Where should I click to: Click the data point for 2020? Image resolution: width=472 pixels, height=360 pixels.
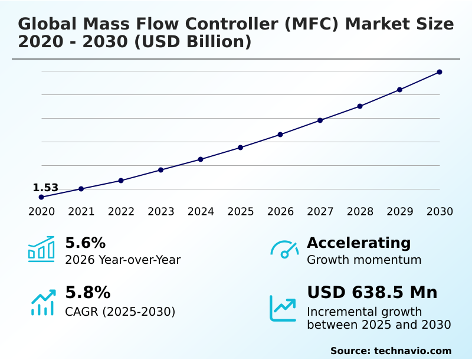(41, 197)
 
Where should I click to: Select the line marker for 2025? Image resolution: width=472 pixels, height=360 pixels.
(241, 148)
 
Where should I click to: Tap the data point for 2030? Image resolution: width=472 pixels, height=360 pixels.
(440, 72)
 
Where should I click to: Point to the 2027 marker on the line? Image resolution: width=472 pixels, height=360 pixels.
(320, 120)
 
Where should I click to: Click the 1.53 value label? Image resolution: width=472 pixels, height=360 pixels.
(45, 188)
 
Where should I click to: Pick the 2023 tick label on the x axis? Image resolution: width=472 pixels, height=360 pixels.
(161, 211)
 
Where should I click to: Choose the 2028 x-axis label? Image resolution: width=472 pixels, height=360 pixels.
(360, 211)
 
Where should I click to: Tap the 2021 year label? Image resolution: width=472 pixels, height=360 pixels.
(81, 211)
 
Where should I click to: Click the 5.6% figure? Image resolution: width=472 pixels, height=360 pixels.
(85, 243)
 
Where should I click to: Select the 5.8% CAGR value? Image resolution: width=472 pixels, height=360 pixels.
(87, 293)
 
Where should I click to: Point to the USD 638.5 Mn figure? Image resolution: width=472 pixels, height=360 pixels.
(372, 293)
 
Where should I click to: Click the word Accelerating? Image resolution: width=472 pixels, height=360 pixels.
(359, 243)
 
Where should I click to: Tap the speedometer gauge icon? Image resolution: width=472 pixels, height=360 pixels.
(284, 250)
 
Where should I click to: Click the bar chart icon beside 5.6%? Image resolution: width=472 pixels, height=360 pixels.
(41, 249)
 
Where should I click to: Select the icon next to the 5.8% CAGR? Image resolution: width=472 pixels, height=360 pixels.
(42, 302)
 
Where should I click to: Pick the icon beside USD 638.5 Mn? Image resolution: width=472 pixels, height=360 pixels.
(283, 308)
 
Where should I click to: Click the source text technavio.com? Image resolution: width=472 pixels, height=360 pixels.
(412, 351)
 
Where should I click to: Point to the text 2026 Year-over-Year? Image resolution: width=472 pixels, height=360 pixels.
(123, 260)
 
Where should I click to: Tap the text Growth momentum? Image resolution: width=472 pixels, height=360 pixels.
(364, 260)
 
